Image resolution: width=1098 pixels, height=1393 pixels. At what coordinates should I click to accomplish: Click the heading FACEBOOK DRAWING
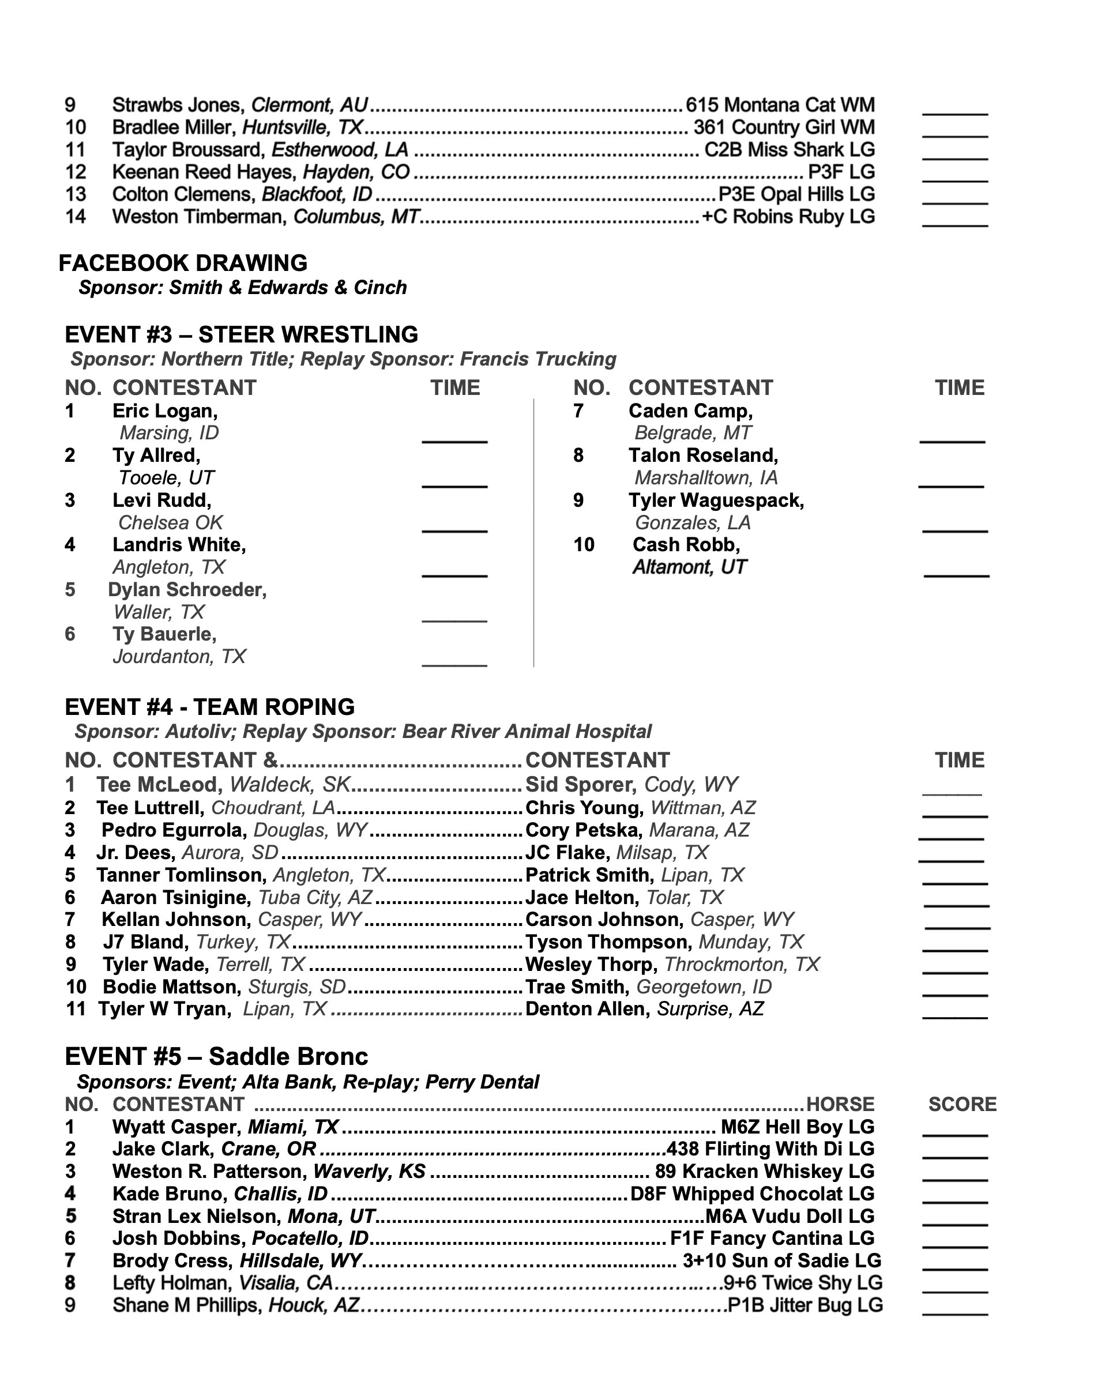click(x=183, y=263)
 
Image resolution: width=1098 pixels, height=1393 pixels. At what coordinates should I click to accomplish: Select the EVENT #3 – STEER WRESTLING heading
click(x=241, y=335)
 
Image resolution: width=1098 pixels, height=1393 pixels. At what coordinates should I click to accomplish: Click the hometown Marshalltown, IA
click(x=706, y=477)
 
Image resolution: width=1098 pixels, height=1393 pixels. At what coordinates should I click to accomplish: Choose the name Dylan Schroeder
click(x=186, y=589)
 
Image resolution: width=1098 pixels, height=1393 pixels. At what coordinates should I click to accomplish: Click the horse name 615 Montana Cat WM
click(x=780, y=105)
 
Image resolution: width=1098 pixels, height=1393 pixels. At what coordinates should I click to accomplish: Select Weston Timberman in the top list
click(x=198, y=217)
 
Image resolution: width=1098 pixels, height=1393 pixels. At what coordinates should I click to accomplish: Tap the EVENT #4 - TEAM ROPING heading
click(x=209, y=707)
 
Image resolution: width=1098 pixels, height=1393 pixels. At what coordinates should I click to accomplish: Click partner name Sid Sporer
click(x=581, y=785)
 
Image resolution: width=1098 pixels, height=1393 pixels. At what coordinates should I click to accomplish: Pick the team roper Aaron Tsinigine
click(x=175, y=897)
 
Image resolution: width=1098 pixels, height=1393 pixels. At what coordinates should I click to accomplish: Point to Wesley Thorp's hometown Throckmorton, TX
click(x=741, y=964)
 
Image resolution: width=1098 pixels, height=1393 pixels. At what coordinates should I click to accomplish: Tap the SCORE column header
click(x=962, y=1104)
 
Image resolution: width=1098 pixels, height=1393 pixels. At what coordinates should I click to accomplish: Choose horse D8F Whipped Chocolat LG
click(x=752, y=1194)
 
